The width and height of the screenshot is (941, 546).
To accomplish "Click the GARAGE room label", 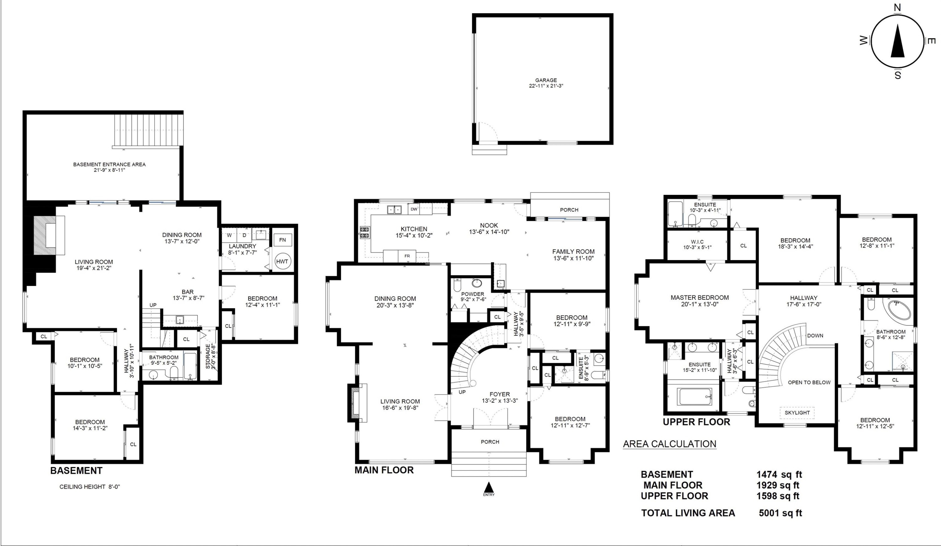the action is (546, 80).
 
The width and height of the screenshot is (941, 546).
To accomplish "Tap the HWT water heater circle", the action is (282, 261).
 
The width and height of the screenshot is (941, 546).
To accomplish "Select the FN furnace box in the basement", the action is (282, 240).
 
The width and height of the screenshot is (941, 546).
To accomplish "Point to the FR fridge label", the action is (407, 256).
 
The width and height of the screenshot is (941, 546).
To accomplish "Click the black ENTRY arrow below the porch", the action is (489, 487).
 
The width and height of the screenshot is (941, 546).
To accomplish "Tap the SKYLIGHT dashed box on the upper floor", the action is (797, 413).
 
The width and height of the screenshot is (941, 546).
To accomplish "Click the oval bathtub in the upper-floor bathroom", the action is (899, 310).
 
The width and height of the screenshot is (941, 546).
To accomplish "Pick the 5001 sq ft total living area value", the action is (780, 513).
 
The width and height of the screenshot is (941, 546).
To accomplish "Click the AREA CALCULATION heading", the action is (670, 444).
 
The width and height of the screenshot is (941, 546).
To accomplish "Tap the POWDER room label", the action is (473, 294).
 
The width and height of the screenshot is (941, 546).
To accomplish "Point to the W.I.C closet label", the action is (697, 242).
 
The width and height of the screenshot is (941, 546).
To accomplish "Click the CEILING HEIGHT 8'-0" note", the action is (90, 487).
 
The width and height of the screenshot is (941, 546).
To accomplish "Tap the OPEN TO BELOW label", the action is (809, 383).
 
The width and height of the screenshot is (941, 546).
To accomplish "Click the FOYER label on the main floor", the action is (500, 394).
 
